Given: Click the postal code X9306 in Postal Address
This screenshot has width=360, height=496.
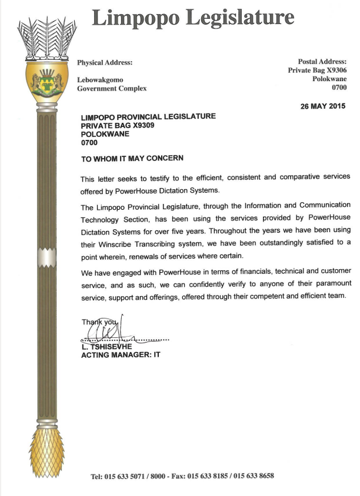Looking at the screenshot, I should tap(333, 70).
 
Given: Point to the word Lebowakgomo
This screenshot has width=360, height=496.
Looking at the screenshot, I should tap(101, 79).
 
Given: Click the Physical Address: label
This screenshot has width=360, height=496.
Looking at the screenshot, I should tap(105, 62).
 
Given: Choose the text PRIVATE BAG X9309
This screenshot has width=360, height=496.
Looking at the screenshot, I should tap(117, 125).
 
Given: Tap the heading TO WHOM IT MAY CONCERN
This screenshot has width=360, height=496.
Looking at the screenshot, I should tap(132, 159).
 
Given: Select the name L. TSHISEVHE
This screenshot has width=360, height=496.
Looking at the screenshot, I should tap(108, 347).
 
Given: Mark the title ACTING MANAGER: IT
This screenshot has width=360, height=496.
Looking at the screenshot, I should tap(121, 355).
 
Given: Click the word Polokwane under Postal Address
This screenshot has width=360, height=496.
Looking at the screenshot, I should tap(329, 79).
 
